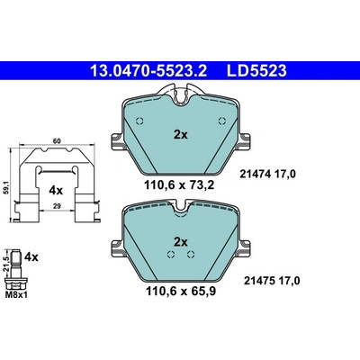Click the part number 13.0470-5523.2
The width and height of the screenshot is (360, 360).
148,71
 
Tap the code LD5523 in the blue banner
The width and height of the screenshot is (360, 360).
256,71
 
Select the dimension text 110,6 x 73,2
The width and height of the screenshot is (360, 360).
179,185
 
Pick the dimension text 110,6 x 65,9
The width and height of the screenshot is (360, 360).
181,291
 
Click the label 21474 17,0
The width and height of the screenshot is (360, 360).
267,174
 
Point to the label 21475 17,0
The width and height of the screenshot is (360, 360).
272,281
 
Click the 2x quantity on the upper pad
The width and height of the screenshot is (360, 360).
181,135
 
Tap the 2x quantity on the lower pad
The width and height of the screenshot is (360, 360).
181,242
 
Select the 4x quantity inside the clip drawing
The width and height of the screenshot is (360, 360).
56,190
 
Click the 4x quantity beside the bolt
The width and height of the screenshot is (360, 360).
31,256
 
